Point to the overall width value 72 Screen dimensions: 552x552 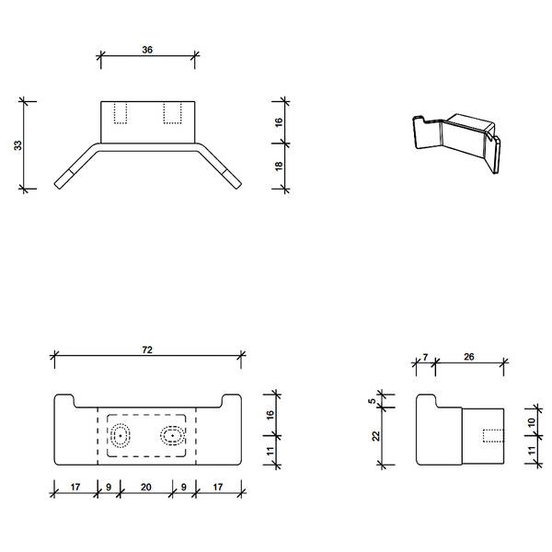(147, 349)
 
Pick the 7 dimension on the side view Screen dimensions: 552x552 (424, 356)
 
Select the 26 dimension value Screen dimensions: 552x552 (469, 356)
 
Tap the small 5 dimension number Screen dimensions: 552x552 (373, 401)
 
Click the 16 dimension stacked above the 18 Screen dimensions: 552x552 (279, 121)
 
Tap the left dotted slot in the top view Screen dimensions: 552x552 (120, 112)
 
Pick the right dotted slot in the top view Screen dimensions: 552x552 (172, 112)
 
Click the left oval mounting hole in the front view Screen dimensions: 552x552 (121, 436)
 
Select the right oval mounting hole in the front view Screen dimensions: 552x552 (171, 435)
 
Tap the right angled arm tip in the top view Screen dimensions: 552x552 (231, 179)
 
